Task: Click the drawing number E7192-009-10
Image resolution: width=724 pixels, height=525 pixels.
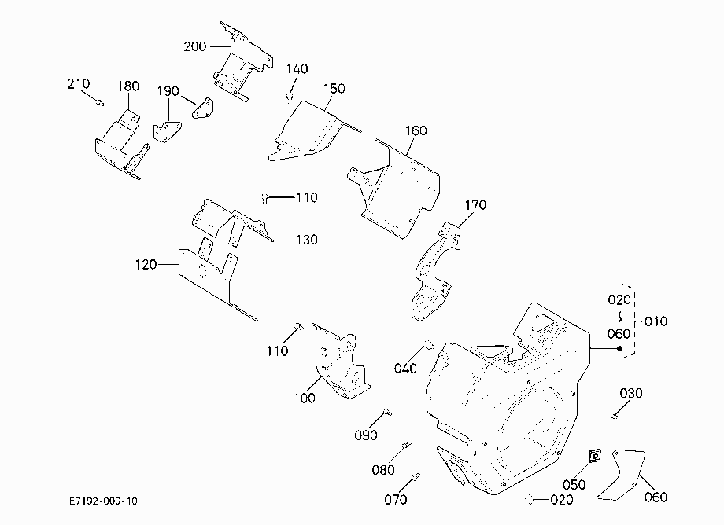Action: click(x=103, y=501)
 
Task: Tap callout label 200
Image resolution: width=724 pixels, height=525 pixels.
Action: click(x=195, y=46)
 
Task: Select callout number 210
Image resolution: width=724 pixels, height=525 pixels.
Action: click(x=79, y=84)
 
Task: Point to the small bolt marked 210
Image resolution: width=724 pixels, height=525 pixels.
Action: click(x=100, y=102)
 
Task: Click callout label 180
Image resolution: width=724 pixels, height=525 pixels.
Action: click(x=128, y=86)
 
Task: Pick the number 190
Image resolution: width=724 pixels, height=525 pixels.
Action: click(x=168, y=91)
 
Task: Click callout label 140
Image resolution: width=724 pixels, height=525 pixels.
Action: click(x=297, y=68)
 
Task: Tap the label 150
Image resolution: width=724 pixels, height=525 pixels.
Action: click(x=334, y=89)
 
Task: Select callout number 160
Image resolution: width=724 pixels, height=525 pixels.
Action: click(x=416, y=131)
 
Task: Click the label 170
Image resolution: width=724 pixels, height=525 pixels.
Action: click(x=475, y=204)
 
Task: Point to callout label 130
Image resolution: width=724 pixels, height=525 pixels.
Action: click(x=307, y=240)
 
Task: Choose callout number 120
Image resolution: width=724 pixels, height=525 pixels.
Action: click(x=146, y=265)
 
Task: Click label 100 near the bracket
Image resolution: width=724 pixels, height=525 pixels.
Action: click(x=305, y=398)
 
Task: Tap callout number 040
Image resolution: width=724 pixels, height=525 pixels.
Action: click(x=405, y=369)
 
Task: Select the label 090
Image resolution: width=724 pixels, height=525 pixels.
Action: click(x=366, y=435)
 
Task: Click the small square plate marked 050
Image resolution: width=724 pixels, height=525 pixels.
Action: click(x=595, y=457)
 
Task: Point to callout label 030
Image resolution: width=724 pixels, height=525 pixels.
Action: click(x=631, y=393)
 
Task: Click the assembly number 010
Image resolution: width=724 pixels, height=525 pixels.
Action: click(x=656, y=321)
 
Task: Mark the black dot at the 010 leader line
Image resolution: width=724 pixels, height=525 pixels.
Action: click(x=619, y=348)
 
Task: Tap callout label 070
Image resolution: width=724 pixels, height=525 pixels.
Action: click(x=396, y=499)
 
